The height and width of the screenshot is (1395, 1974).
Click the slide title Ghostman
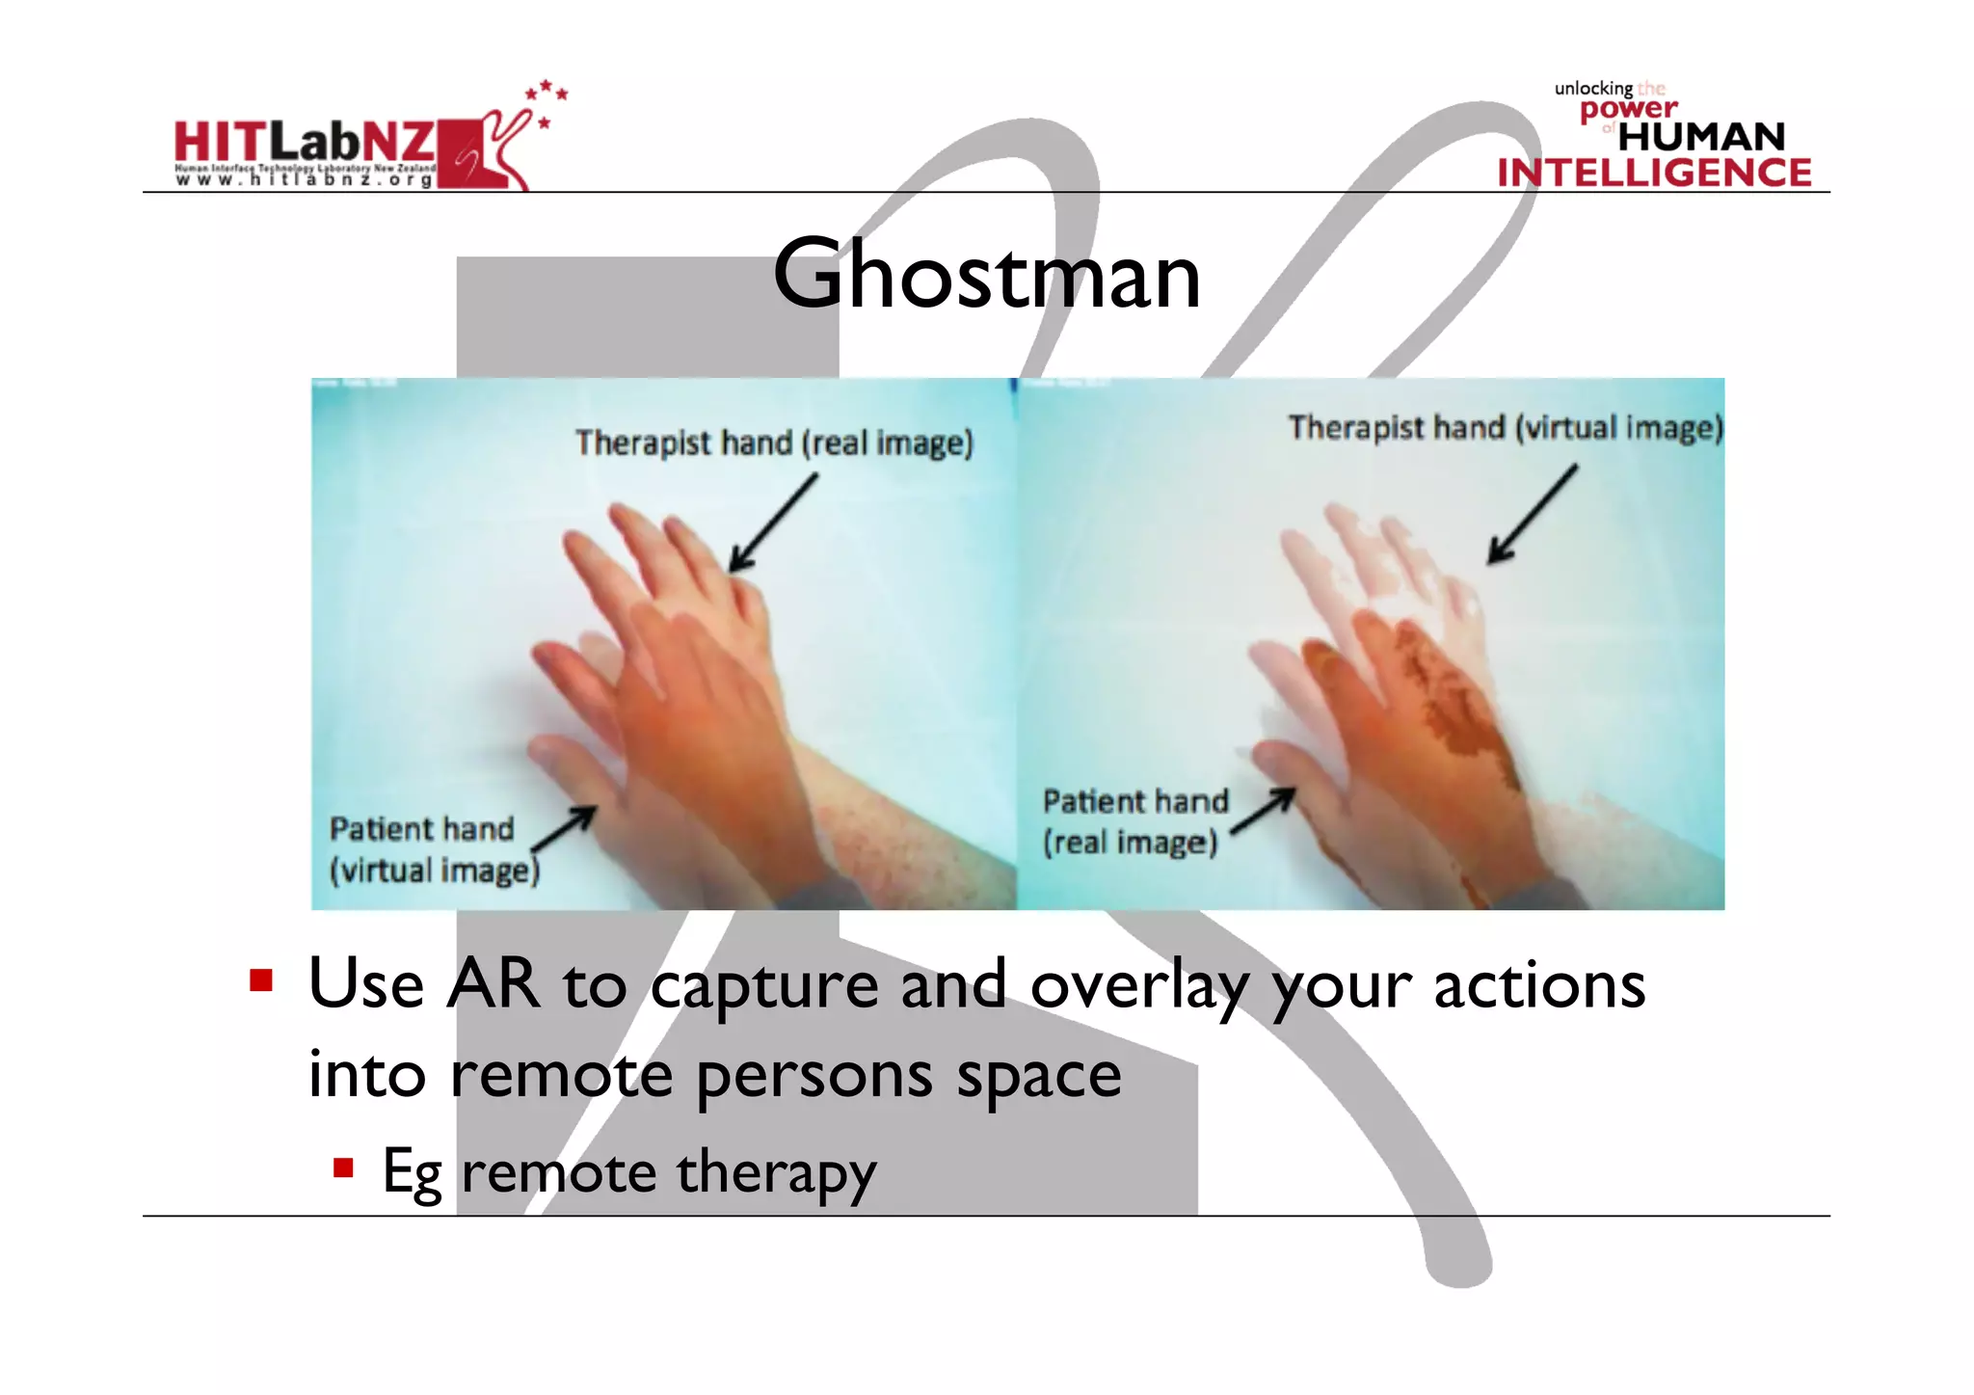(x=986, y=276)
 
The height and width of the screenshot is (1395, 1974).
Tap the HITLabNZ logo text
(x=305, y=143)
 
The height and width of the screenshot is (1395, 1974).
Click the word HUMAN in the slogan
(x=1701, y=137)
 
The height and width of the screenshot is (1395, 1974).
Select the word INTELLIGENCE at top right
(x=1654, y=173)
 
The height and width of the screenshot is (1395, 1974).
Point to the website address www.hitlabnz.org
(x=305, y=180)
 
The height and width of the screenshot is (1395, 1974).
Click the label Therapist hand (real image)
(x=774, y=443)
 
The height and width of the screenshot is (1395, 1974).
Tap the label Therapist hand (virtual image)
(x=1505, y=428)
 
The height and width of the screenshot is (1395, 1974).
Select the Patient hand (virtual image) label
(x=434, y=849)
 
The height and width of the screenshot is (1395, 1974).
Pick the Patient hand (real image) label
(x=1135, y=821)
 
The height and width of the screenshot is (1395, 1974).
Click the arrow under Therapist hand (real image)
(x=772, y=523)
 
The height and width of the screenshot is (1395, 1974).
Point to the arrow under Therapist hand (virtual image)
(x=1532, y=515)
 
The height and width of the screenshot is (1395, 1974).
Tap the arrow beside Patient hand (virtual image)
(x=564, y=829)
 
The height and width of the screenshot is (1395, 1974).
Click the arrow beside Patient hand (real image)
(x=1263, y=811)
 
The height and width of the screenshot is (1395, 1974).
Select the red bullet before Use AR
(x=260, y=981)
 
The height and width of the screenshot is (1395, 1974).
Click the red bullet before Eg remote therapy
(x=343, y=1168)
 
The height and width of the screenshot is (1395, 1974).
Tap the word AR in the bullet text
(x=493, y=985)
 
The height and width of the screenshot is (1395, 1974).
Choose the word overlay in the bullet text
(x=1138, y=987)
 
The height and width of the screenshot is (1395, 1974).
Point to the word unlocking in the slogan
(x=1593, y=89)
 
